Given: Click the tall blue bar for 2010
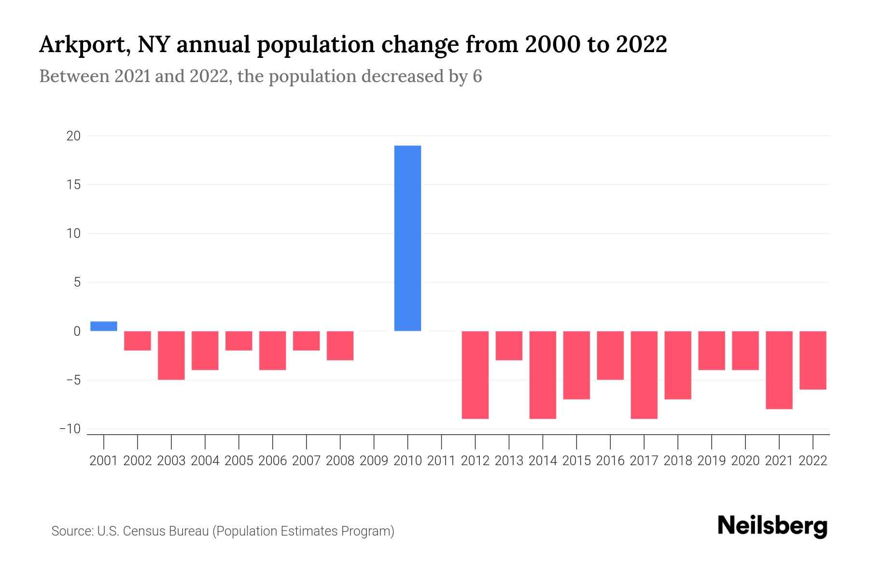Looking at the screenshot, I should click(x=407, y=238).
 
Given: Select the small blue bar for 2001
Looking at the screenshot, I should click(x=104, y=326).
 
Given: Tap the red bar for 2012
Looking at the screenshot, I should click(x=475, y=374).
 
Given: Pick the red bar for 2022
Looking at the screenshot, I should click(x=813, y=360).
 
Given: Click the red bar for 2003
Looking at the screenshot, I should click(x=171, y=355).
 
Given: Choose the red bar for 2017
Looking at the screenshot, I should click(x=644, y=374).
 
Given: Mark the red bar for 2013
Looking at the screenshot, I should click(x=509, y=345).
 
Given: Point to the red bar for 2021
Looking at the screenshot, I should click(x=779, y=370).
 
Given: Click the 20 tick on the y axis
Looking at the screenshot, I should click(x=73, y=136).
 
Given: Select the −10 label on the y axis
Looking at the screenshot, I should click(x=70, y=429).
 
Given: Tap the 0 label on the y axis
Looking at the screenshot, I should click(x=77, y=331).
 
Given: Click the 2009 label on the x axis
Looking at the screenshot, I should click(x=374, y=461).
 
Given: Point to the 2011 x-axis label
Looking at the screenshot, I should click(x=441, y=461).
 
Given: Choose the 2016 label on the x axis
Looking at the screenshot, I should click(x=610, y=461).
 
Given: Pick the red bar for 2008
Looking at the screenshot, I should click(x=340, y=345).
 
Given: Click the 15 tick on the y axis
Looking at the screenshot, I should click(x=74, y=185).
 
